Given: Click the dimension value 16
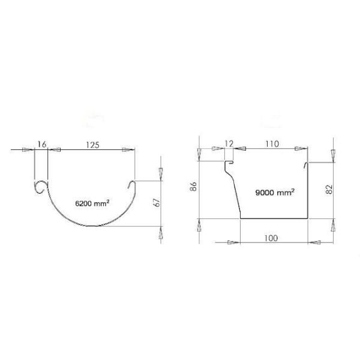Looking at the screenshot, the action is pos(42,145).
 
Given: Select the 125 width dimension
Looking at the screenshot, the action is pos(93,145).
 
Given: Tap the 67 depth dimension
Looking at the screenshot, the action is pos(157,203).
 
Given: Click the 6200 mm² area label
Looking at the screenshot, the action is pos(92,203).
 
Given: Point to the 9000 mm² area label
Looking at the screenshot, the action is pos(275,192).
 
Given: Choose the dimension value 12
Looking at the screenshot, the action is pos(229,144).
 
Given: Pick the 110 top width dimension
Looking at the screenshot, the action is pos(272,144).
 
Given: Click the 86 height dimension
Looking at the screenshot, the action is pos(194,187).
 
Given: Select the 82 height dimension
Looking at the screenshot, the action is pos(329,190).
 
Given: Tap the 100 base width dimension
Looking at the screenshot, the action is pos(271,238).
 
